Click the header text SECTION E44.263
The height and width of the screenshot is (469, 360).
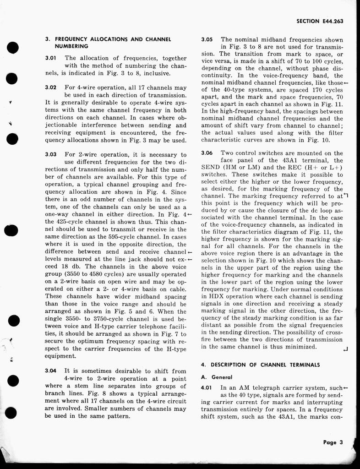tap(320, 21)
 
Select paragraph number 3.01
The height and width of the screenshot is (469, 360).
tap(50, 58)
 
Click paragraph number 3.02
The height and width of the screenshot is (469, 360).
tap(50, 87)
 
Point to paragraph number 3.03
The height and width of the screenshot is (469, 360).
tap(50, 155)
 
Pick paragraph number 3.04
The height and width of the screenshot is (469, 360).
tap(50, 371)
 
